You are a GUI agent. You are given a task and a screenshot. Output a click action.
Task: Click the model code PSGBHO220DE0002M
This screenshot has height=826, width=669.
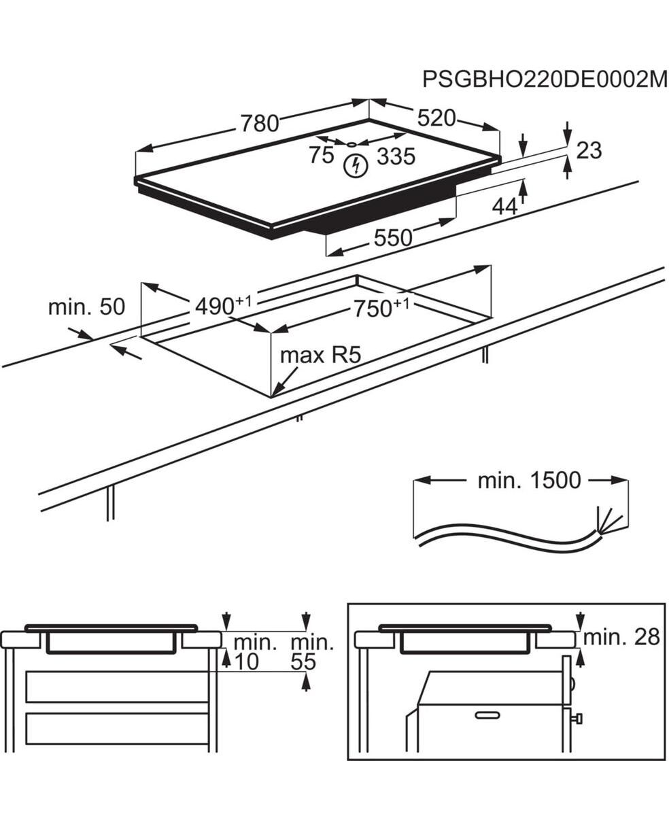[545, 79]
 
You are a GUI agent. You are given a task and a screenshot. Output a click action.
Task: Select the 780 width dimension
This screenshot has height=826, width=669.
[259, 123]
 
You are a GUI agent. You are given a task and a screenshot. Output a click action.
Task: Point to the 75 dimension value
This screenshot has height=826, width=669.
[321, 155]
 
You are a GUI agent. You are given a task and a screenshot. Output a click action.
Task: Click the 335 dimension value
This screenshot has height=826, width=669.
[396, 156]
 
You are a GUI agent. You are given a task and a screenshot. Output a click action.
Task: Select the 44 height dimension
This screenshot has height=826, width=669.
[504, 207]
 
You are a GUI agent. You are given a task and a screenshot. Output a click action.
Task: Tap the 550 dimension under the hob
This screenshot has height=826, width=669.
[393, 237]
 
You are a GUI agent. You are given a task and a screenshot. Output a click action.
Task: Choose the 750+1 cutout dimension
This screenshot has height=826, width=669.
[381, 308]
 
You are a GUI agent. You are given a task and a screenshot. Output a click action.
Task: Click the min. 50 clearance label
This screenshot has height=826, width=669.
[86, 307]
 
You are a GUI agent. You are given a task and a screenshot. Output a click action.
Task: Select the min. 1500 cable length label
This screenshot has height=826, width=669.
[529, 481]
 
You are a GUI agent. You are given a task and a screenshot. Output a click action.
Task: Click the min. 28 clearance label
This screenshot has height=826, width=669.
[621, 637]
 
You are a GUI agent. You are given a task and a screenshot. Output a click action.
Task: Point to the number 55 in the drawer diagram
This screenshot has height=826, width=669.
[303, 661]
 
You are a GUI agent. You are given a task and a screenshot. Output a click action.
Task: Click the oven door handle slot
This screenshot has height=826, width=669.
[487, 715]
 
